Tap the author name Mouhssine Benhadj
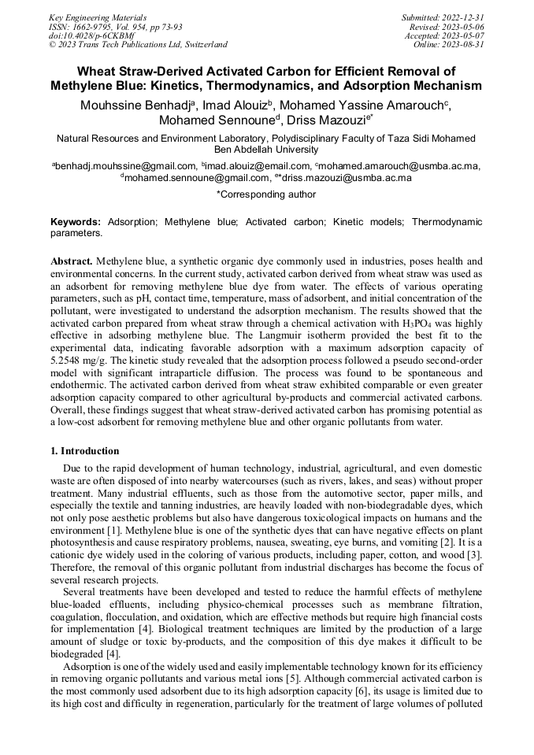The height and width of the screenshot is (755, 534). [139, 105]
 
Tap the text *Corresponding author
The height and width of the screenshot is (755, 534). [266, 194]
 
